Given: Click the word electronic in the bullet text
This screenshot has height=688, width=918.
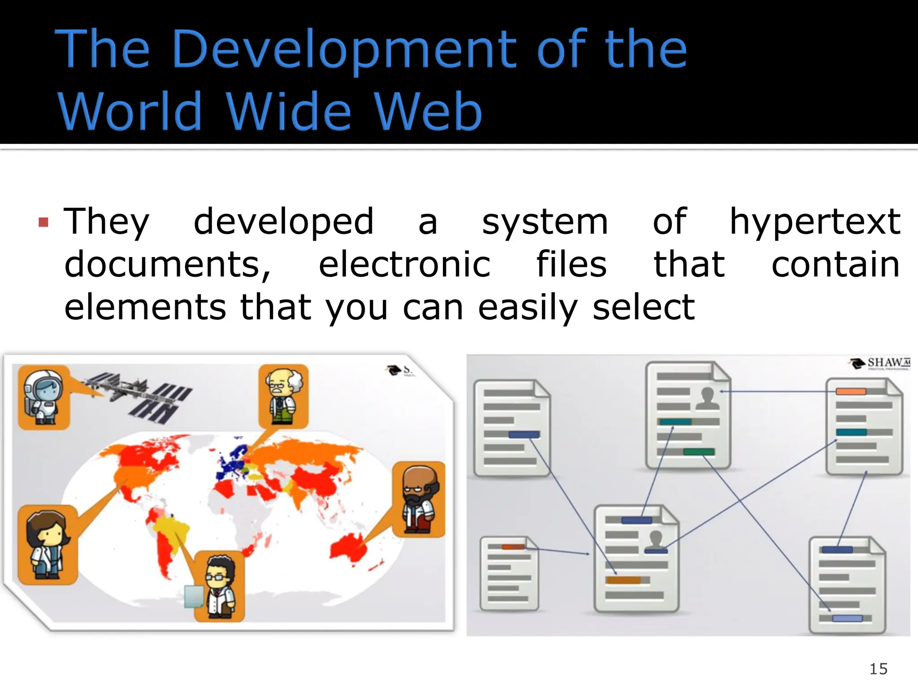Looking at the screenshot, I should (404, 264).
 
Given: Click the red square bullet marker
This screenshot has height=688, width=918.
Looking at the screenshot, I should (43, 222).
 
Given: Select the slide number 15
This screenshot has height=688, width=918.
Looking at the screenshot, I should (878, 669).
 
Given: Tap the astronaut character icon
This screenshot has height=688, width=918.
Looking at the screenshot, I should (43, 397).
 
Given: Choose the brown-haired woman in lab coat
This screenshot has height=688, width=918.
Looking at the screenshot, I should (47, 544).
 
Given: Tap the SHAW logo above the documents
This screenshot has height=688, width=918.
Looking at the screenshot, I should (881, 363).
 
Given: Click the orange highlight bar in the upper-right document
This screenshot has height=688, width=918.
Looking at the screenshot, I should (851, 391).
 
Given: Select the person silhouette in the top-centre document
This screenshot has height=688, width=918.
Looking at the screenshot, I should (707, 398).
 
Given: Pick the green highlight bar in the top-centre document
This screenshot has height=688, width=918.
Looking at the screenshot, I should (698, 451).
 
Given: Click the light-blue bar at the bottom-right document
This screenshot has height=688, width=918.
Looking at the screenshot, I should (847, 619).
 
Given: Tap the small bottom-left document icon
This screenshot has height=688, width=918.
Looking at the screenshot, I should (509, 573).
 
